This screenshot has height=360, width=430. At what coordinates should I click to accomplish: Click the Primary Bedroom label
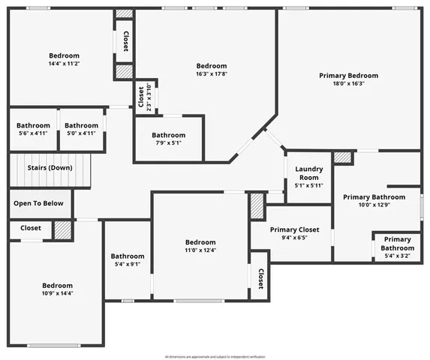pyautogui.click(x=348, y=76)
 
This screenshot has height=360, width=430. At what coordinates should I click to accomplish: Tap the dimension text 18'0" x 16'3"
pyautogui.click(x=348, y=85)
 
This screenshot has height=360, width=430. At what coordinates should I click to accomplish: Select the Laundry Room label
pyautogui.click(x=308, y=173)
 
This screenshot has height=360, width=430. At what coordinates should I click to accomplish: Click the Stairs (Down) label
pyautogui.click(x=50, y=168)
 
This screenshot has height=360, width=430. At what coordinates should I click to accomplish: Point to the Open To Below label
pyautogui.click(x=41, y=203)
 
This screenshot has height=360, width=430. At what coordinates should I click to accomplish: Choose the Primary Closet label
pyautogui.click(x=295, y=229)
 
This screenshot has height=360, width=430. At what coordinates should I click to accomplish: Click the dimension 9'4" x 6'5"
pyautogui.click(x=295, y=238)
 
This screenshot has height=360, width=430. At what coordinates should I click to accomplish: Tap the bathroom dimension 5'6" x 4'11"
pyautogui.click(x=33, y=133)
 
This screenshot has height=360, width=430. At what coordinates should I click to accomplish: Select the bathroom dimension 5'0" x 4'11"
pyautogui.click(x=80, y=133)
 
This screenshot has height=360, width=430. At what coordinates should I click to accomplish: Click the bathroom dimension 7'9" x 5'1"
pyautogui.click(x=168, y=144)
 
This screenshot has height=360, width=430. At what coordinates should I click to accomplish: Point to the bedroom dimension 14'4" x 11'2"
pyautogui.click(x=64, y=64)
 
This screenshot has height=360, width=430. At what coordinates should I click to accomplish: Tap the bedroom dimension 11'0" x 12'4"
pyautogui.click(x=200, y=251)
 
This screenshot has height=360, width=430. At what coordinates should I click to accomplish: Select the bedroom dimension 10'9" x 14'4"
pyautogui.click(x=57, y=294)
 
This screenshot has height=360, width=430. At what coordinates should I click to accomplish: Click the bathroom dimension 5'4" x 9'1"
pyautogui.click(x=127, y=263)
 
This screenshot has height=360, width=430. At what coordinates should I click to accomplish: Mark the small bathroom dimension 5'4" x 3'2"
pyautogui.click(x=397, y=256)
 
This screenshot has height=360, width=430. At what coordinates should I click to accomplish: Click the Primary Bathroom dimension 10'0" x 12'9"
pyautogui.click(x=374, y=206)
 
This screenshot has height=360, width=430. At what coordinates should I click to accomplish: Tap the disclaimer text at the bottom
pyautogui.click(x=215, y=355)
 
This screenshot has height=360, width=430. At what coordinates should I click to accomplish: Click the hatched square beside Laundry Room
pyautogui.click(x=342, y=158)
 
